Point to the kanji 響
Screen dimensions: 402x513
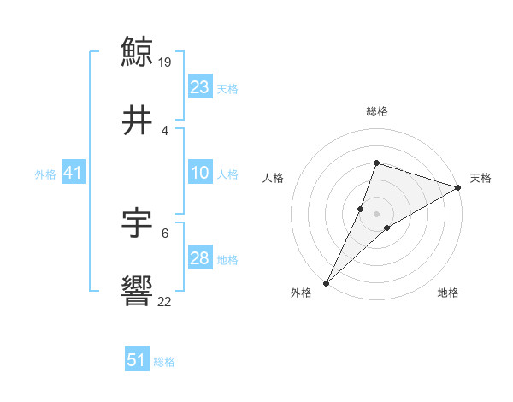(138, 293)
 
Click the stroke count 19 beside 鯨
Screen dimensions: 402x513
(166, 62)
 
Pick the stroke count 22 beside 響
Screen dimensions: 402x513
(165, 301)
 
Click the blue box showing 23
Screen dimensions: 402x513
(200, 87)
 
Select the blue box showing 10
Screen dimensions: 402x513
(200, 174)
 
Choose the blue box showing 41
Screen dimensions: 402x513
(73, 174)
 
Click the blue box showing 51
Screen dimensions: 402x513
(137, 360)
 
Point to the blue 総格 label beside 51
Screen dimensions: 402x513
(164, 362)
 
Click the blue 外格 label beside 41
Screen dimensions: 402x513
(45, 174)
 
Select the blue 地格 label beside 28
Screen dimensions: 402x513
(227, 260)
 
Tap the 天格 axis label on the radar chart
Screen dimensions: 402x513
(481, 178)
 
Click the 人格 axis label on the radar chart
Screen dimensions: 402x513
(273, 178)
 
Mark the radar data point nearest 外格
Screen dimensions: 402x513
(327, 282)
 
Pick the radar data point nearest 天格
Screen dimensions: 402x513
(458, 187)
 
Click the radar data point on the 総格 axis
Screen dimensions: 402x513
(376, 163)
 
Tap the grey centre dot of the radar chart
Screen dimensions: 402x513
(376, 214)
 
